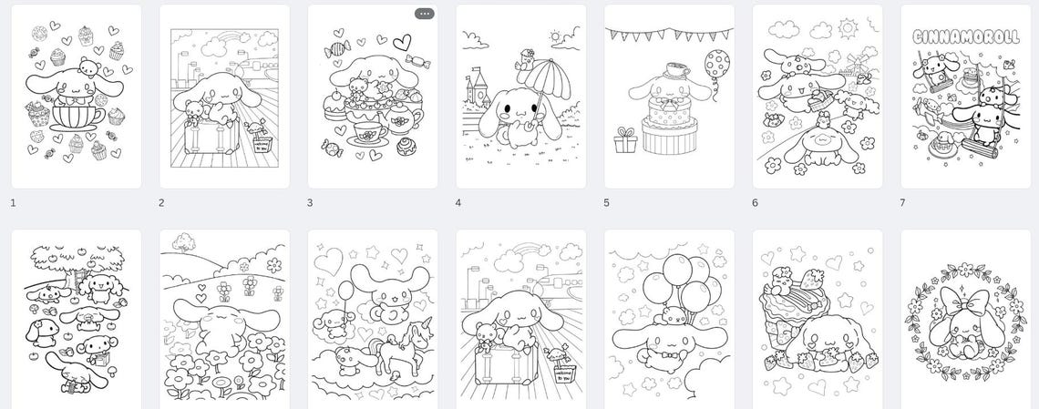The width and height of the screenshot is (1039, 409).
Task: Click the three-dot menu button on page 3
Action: pyautogui.click(x=424, y=14)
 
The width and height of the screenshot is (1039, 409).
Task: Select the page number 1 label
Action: pyautogui.click(x=14, y=202)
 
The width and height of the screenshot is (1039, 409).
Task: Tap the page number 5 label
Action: pyautogui.click(x=607, y=202)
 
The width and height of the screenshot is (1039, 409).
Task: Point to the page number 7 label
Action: pyautogui.click(x=903, y=202)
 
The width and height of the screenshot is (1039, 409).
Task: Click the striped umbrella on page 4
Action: pyautogui.click(x=550, y=86)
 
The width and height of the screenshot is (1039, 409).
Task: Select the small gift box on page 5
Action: pyautogui.click(x=625, y=140)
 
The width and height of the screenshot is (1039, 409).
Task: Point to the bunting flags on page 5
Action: pyautogui.click(x=669, y=36)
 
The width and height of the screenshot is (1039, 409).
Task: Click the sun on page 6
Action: pyautogui.click(x=848, y=26)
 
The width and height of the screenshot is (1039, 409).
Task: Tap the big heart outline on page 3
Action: pyautogui.click(x=401, y=42)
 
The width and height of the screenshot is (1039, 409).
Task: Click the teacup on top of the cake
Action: pyautogui.click(x=668, y=70)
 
